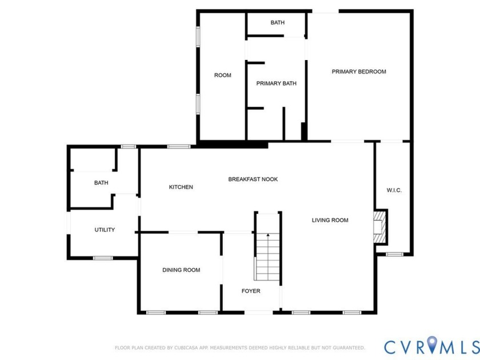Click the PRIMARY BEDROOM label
tap(359, 71)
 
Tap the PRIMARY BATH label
tap(276, 83)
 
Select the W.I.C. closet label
tap(394, 190)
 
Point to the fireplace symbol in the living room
tap(379, 228)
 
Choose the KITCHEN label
tap(181, 187)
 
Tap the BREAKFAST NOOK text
tap(253, 179)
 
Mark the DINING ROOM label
tap(181, 270)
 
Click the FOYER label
tap(250, 291)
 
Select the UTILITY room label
tap(105, 230)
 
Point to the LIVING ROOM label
tap(330, 220)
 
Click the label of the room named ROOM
tap(222, 75)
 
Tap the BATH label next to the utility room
tap(101, 183)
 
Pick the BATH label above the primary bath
tap(277, 23)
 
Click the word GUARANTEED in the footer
tap(347, 347)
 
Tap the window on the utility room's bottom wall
tap(103, 258)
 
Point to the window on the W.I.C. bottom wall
tap(394, 254)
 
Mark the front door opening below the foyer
tap(258, 312)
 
